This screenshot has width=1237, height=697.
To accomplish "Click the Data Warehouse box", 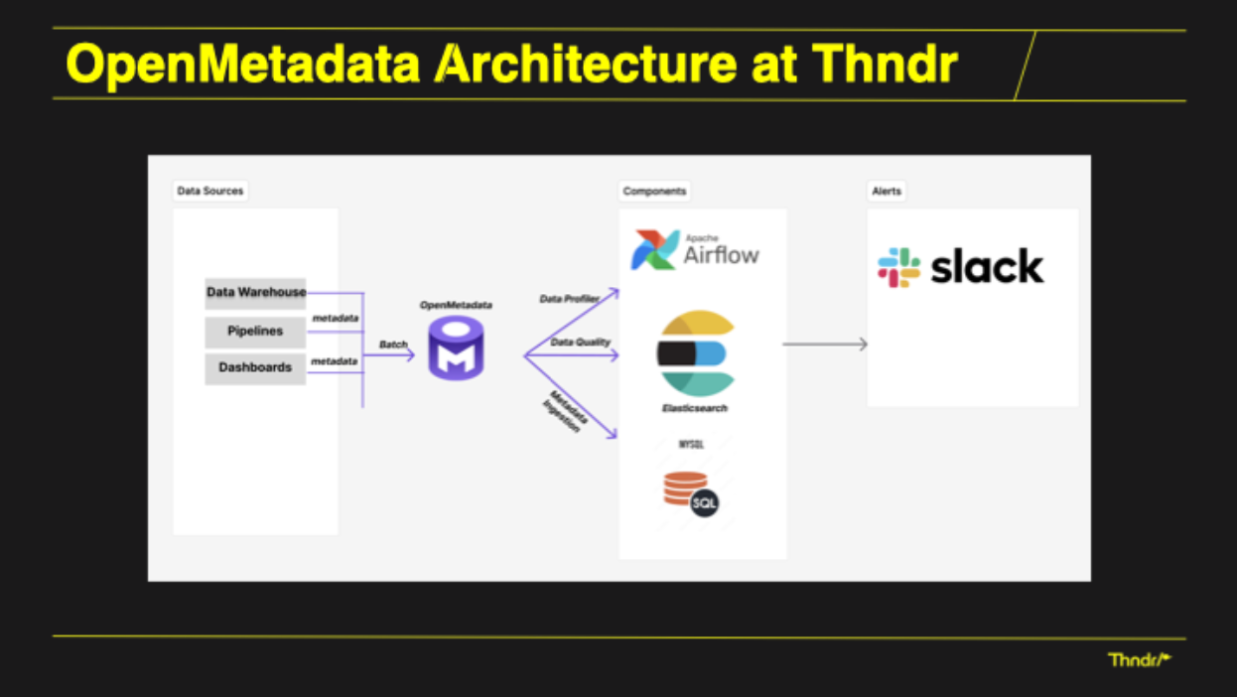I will (255, 293).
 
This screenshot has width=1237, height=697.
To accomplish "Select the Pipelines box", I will (255, 332).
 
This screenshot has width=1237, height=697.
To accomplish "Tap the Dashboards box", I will (255, 367).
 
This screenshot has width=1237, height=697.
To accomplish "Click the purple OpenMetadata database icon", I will (456, 348).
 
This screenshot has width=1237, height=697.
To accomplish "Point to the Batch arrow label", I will (393, 344).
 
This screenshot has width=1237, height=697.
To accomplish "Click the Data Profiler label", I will (569, 298).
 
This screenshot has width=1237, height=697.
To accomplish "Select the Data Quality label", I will (581, 342).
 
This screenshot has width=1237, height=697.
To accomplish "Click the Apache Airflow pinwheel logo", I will (655, 250).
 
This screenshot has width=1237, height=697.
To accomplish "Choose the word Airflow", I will (721, 255).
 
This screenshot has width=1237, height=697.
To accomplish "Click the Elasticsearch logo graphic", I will (696, 353).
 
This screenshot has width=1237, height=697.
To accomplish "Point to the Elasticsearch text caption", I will (695, 408).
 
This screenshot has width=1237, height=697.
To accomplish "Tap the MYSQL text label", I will (691, 445).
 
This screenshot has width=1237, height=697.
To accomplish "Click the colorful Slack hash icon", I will (899, 268).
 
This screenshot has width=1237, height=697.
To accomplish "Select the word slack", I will (987, 267).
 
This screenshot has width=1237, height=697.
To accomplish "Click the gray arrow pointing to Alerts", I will (825, 345).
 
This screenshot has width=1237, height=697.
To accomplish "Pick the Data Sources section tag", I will (209, 191).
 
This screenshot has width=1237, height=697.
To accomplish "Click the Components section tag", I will (654, 191).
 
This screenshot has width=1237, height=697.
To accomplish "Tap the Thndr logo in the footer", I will (1139, 659).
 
